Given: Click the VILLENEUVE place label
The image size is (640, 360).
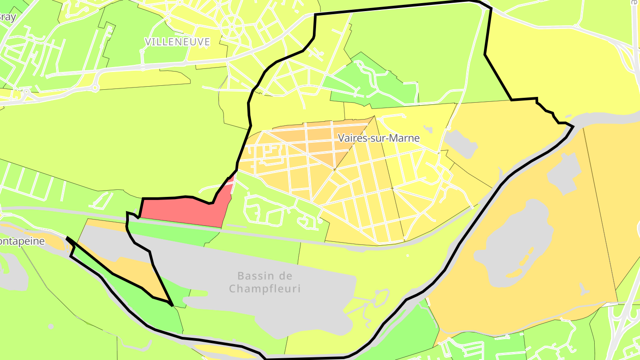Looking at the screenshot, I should tap(177, 42).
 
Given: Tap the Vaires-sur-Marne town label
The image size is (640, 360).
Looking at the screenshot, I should tap(379, 138).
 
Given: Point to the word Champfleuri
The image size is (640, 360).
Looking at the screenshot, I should tap(265, 289).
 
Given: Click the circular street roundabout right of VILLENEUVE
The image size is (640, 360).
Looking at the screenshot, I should tap(232, 26).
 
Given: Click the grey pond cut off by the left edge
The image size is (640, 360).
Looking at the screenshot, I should tap(11, 271).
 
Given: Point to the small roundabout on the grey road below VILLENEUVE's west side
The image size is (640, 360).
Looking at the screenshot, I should tap(95, 88).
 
